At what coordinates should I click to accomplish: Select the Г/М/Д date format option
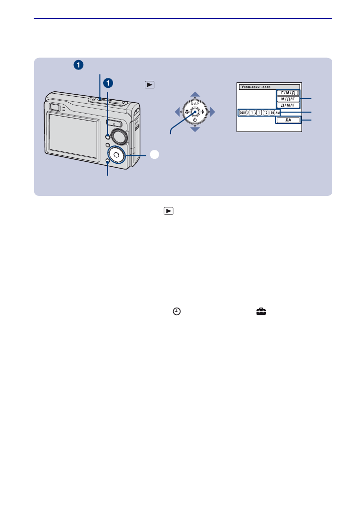pyautogui.click(x=288, y=93)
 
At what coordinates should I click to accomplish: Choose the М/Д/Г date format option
pyautogui.click(x=288, y=99)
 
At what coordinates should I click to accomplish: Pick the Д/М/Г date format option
pyautogui.click(x=288, y=105)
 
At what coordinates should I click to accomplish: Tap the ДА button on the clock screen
pyautogui.click(x=288, y=120)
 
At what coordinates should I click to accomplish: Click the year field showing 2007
pyautogui.click(x=242, y=112)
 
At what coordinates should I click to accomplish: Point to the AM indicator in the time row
pyautogui.click(x=277, y=112)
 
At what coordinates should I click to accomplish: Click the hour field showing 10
pyautogui.click(x=265, y=112)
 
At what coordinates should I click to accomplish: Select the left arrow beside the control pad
pyautogui.click(x=177, y=112)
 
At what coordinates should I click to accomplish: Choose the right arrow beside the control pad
pyautogui.click(x=213, y=112)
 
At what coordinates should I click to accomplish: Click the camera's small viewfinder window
pyautogui.click(x=55, y=107)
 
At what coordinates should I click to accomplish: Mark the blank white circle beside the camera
pyautogui.click(x=154, y=155)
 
